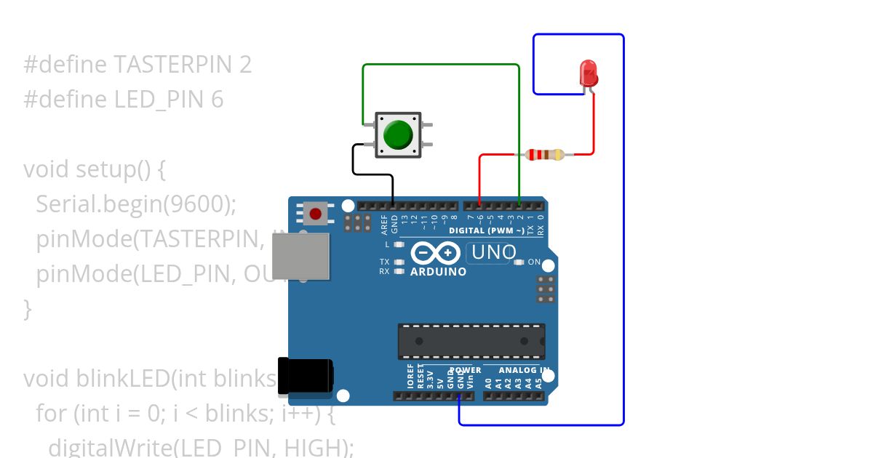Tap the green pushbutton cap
398,135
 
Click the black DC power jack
306,377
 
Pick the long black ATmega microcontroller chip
471,341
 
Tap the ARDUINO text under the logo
438,272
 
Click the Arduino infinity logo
436,253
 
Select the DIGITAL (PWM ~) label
487,230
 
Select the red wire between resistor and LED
594,124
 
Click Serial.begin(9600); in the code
136,204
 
